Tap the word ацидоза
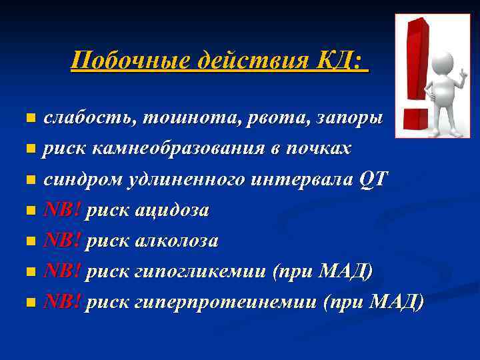[172, 210]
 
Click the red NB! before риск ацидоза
[62, 210]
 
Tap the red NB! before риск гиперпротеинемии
[62, 302]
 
